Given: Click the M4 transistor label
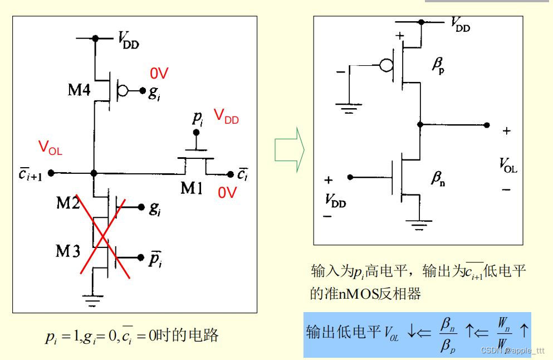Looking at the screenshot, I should tap(79, 90).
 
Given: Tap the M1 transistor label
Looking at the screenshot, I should tap(192, 188).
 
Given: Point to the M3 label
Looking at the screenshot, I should tap(67, 251).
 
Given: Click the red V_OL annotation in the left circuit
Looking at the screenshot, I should tap(50, 148).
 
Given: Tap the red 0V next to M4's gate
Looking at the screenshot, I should tap(159, 74).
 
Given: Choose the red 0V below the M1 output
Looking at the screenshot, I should tap(227, 193).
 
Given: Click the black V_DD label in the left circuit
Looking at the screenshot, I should tap(128, 40).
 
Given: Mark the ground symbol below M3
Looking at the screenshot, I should tap(94, 301).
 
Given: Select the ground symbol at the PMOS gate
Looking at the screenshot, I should tap(349, 108).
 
